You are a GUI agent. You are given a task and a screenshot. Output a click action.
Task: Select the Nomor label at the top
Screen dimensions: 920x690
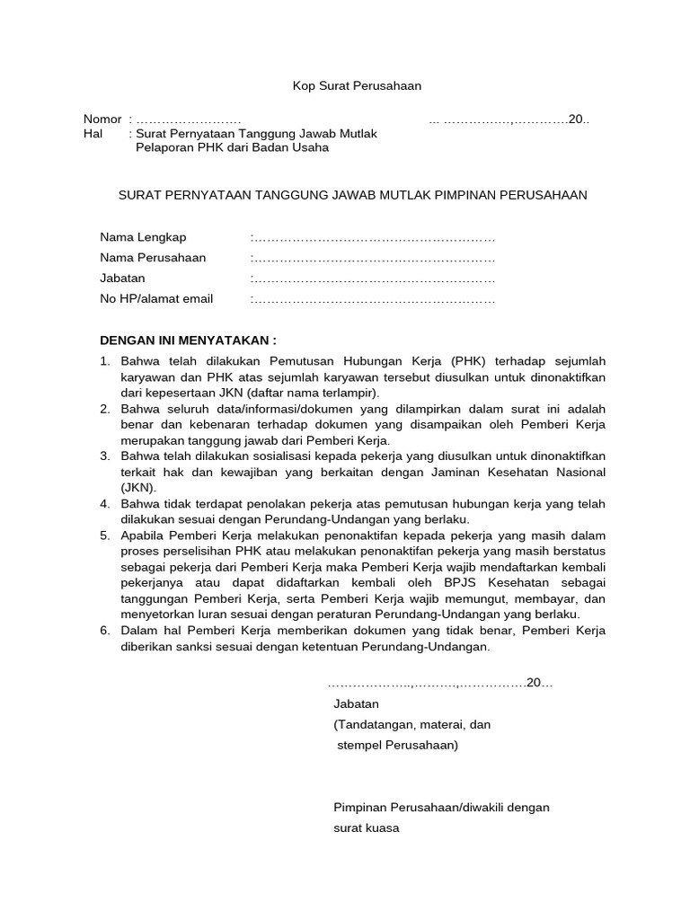tap(102, 119)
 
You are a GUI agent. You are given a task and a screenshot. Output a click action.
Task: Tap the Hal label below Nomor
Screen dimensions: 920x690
tap(93, 133)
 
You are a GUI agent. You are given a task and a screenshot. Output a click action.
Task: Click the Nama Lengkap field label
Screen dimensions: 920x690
tap(143, 237)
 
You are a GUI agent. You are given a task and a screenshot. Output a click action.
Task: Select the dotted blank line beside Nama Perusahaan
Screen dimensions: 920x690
tap(373, 258)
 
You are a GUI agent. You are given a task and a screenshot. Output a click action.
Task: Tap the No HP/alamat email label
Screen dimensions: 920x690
tap(156, 299)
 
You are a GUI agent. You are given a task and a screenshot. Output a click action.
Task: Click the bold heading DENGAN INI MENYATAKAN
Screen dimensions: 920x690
tap(188, 341)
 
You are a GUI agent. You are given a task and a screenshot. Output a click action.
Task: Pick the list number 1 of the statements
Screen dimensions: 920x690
tap(103, 362)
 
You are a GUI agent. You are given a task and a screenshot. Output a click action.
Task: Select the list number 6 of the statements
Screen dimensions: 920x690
tap(103, 631)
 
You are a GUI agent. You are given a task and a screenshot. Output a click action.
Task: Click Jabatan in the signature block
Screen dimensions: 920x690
tap(356, 703)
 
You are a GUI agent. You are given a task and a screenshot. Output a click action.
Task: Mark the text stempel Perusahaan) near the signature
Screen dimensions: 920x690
tap(397, 746)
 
